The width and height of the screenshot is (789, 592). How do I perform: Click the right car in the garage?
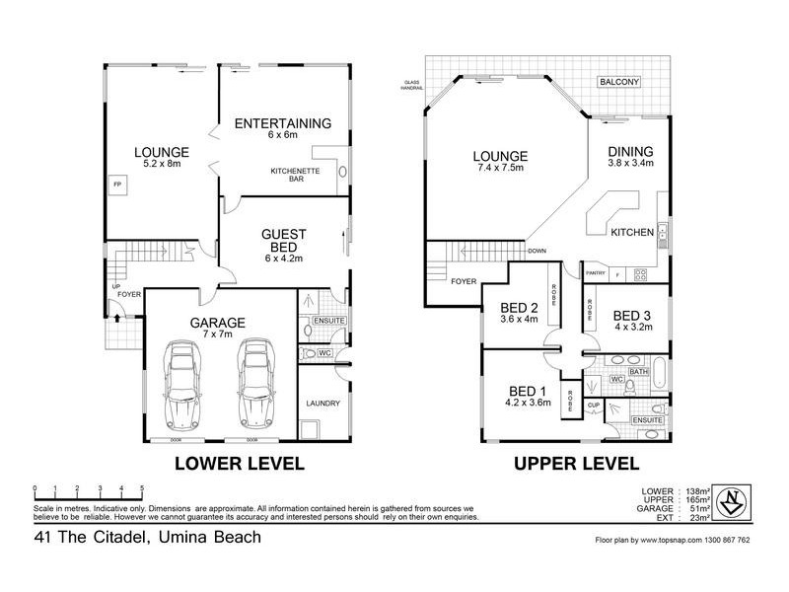click(x=253, y=385)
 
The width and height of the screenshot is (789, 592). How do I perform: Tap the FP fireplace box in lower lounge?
click(x=117, y=185)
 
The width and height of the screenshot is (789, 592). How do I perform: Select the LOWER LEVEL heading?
click(x=239, y=463)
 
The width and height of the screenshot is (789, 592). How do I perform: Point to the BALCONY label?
click(x=617, y=82)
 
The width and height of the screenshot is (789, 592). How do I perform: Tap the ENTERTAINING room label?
click(x=282, y=123)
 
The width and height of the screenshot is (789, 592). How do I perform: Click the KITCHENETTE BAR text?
click(x=292, y=177)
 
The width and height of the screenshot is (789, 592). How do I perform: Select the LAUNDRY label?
click(x=323, y=404)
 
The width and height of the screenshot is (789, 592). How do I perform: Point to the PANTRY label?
click(x=595, y=273)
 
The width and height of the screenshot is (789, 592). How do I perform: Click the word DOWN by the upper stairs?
click(x=537, y=251)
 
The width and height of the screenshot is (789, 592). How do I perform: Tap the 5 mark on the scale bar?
click(x=143, y=488)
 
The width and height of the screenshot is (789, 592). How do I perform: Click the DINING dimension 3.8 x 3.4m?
click(x=631, y=164)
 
